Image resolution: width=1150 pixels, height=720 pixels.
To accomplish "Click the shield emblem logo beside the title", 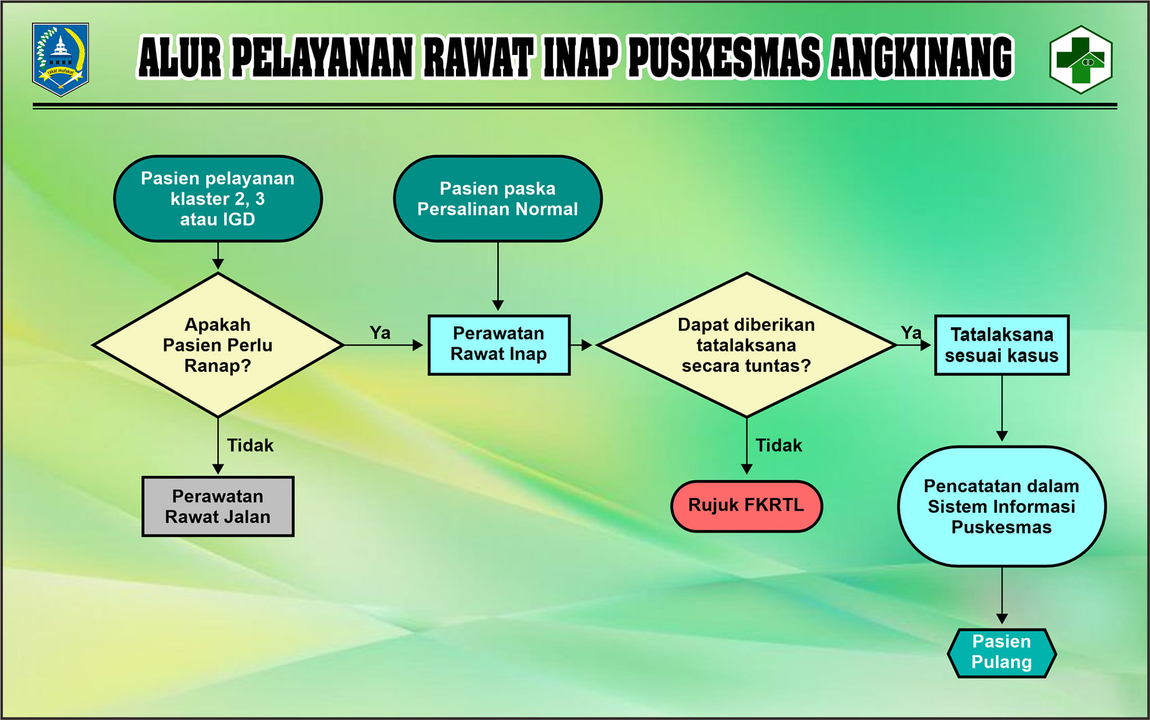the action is point(61,59).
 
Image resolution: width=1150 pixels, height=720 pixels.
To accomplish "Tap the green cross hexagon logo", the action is point(1081,60).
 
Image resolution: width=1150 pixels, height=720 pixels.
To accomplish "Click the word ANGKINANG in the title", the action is point(921,57).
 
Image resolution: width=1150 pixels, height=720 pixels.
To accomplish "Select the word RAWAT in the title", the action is point(477,57).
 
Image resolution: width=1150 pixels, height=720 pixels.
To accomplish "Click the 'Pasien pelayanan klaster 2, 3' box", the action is point(218,199).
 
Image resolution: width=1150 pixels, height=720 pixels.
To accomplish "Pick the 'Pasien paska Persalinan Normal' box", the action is point(498,199).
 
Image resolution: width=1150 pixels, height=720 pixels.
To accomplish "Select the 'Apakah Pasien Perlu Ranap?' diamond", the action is point(218,345).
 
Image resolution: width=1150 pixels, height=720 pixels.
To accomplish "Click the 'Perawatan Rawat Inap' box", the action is point(499,345).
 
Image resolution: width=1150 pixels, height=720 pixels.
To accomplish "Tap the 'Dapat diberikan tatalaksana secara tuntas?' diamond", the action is point(746,345).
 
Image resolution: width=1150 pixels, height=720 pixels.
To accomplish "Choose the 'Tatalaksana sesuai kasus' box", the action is point(1002,345).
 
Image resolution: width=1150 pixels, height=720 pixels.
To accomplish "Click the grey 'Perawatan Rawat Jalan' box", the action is point(218,507).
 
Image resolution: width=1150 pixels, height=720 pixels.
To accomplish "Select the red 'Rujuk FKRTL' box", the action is point(746,506).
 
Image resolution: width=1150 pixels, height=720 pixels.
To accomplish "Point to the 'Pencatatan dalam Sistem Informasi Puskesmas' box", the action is point(1002,507).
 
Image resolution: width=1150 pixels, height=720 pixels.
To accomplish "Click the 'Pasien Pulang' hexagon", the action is point(1002,653).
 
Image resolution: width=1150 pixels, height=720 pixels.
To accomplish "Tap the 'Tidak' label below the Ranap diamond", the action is point(250,445).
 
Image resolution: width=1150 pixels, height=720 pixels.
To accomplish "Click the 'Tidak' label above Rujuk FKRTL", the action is point(779,445).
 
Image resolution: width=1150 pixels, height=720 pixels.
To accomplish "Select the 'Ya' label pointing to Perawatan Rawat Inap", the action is point(380,332).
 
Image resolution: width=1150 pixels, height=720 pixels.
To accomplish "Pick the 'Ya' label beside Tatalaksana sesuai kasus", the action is point(911,332).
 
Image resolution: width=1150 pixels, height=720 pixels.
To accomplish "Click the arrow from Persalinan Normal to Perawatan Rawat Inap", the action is point(498,276).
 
